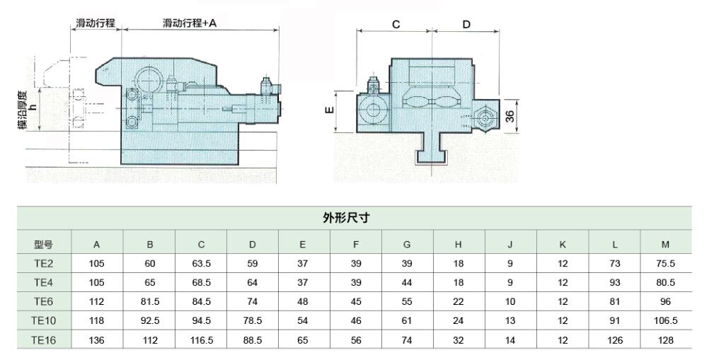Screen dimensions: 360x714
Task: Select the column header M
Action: pos(665,245)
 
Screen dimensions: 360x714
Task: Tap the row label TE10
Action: pos(43,320)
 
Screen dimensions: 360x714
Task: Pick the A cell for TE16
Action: pos(97,340)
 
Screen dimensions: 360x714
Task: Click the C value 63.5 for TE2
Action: pos(202,264)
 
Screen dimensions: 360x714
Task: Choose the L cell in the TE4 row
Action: pos(615,283)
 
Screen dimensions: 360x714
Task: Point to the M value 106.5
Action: pos(665,320)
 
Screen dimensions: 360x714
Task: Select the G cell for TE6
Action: pos(407,302)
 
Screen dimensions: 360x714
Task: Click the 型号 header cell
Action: pos(43,245)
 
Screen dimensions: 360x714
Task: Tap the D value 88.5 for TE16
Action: pos(253,340)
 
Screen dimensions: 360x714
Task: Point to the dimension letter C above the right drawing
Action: pos(396,24)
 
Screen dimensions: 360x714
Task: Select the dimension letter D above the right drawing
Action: pos(466,24)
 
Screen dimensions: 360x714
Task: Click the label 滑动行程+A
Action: pos(189,23)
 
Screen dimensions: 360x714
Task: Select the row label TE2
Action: pos(43,264)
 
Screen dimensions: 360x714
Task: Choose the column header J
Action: pos(509,245)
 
